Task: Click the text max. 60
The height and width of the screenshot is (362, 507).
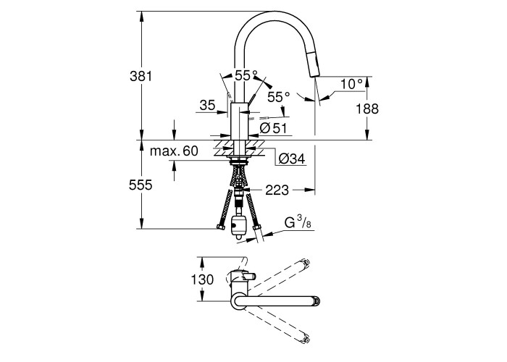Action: [175, 151]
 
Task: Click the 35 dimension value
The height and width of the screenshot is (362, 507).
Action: [207, 106]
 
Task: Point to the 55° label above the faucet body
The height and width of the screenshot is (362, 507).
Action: [247, 75]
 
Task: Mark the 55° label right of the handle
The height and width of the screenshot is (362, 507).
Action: [278, 96]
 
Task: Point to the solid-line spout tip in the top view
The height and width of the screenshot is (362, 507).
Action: [316, 298]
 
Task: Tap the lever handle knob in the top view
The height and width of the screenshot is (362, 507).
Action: [251, 276]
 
